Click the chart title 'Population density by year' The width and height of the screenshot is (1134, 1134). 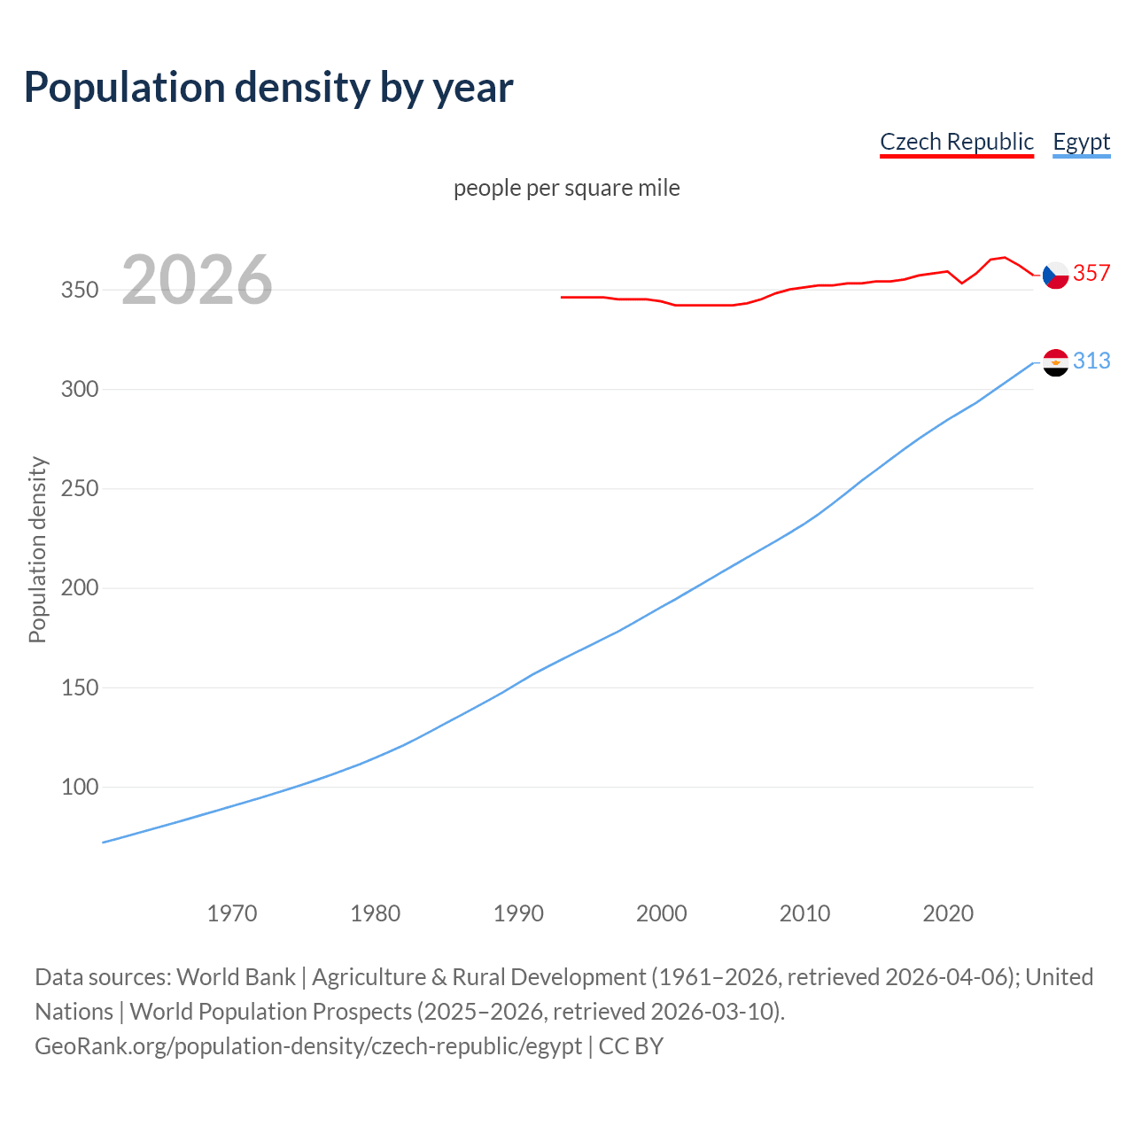coord(268,88)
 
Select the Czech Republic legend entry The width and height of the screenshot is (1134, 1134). coord(956,142)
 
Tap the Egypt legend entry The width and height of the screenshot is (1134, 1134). coord(1081,142)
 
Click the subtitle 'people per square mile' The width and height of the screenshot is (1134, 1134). coord(566,188)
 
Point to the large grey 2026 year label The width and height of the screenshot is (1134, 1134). coord(197,280)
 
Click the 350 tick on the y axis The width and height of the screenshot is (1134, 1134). coord(79,291)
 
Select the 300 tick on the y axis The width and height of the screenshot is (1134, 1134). coord(79,390)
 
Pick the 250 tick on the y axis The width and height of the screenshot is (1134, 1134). coord(79,489)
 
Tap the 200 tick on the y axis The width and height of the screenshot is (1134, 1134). coord(79,588)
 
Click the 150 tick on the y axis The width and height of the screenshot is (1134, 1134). coord(79,687)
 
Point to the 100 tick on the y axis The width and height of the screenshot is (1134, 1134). coord(79,787)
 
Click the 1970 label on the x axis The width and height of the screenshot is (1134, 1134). coord(232,913)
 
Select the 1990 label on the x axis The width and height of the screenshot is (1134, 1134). coord(518,913)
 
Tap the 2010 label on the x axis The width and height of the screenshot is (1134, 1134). coord(804,913)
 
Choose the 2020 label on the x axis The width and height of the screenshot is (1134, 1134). coord(948,913)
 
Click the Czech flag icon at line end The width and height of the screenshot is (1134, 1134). coord(1055,276)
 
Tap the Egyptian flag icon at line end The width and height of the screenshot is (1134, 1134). coord(1055,362)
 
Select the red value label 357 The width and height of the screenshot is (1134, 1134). coord(1091,274)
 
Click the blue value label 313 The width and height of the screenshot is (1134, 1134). coord(1091,361)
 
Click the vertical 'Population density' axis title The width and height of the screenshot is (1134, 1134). coord(37,549)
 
